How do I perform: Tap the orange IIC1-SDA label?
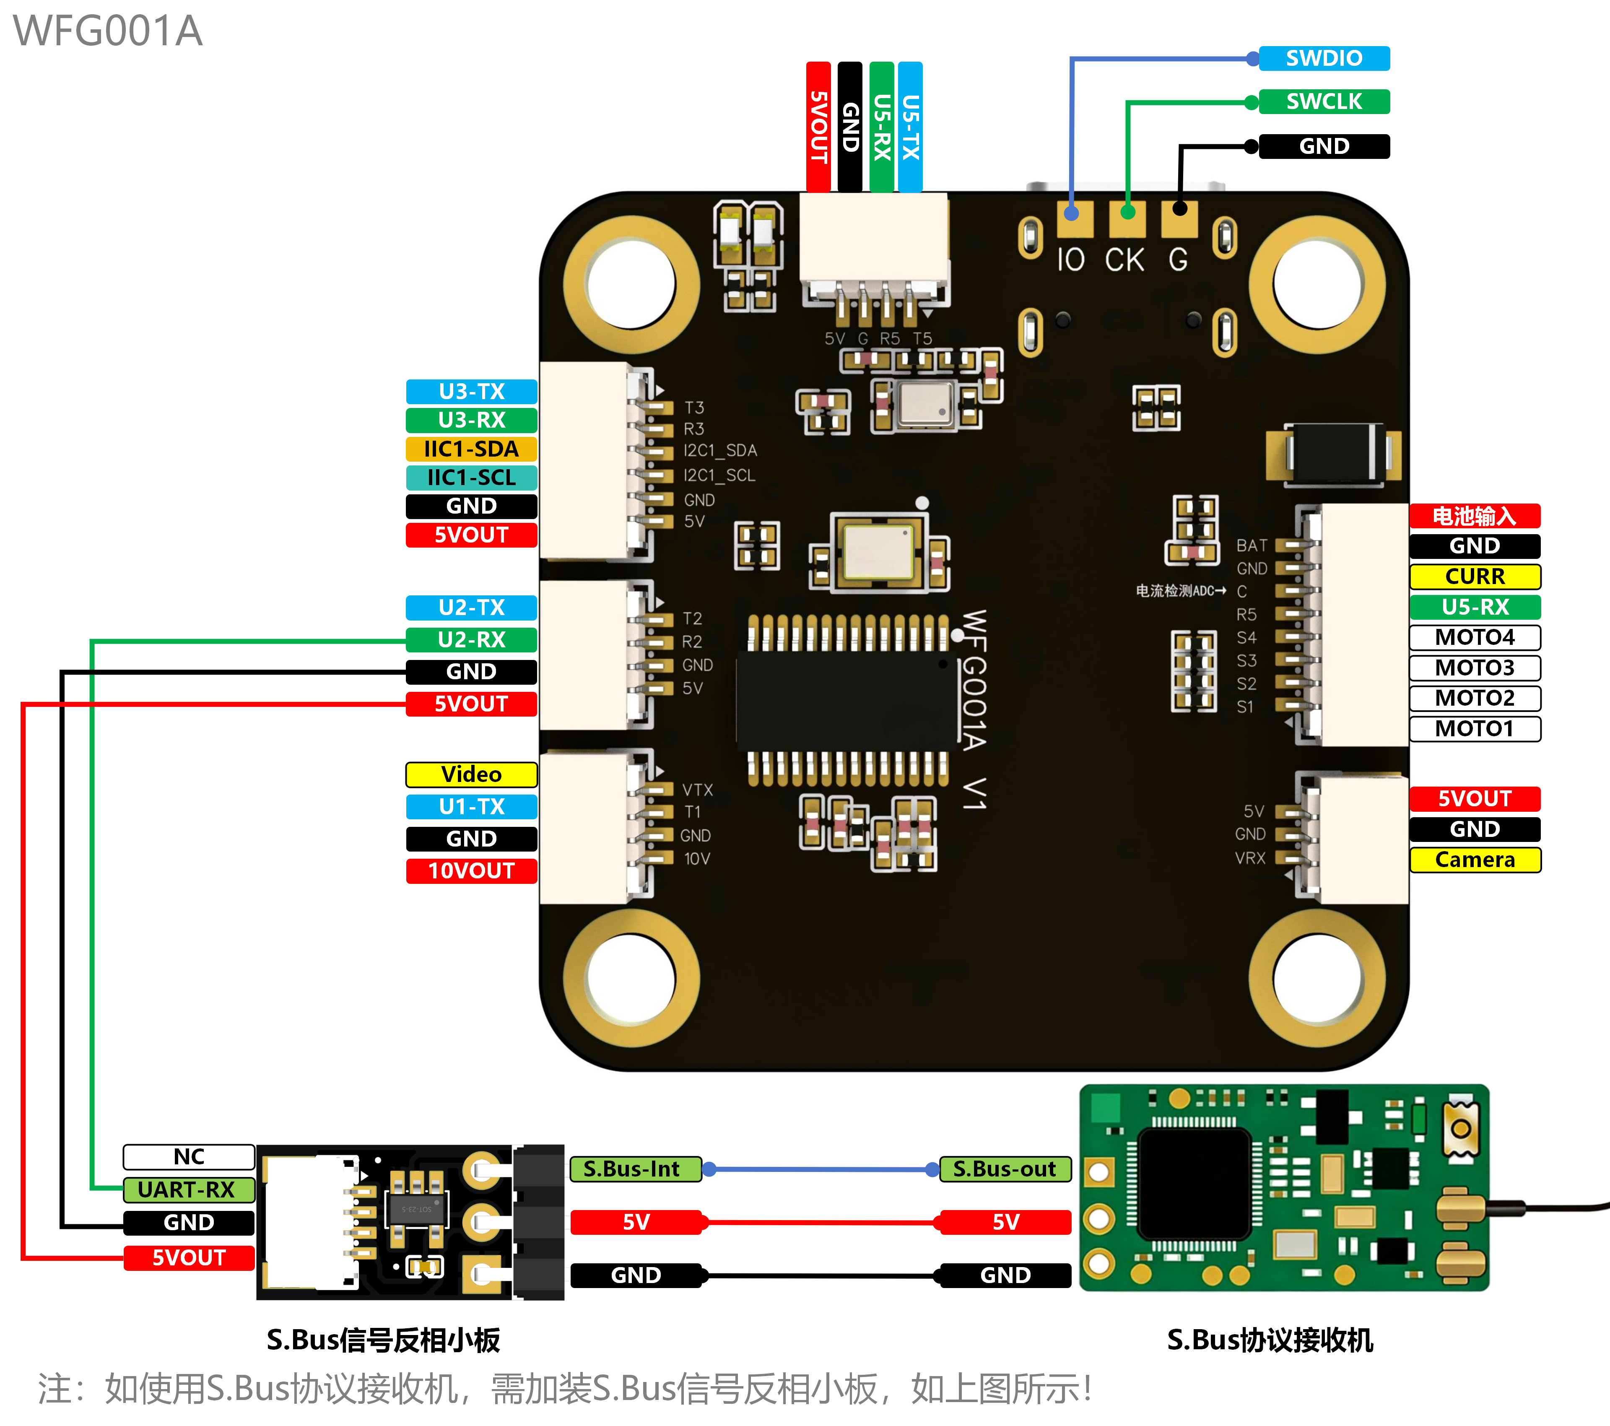(471, 449)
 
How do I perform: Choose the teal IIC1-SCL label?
(471, 478)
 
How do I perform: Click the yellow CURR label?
(1475, 577)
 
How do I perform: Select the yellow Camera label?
(1475, 860)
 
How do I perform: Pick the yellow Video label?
(471, 774)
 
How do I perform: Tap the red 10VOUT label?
(471, 870)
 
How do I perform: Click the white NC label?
(189, 1156)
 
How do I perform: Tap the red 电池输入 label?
(1475, 516)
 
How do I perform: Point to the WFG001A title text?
(108, 31)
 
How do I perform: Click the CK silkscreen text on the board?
(1124, 260)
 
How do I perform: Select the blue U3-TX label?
(471, 392)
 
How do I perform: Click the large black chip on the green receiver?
(1195, 1182)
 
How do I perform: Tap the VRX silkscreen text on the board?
(1250, 858)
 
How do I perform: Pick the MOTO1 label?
(1475, 729)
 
